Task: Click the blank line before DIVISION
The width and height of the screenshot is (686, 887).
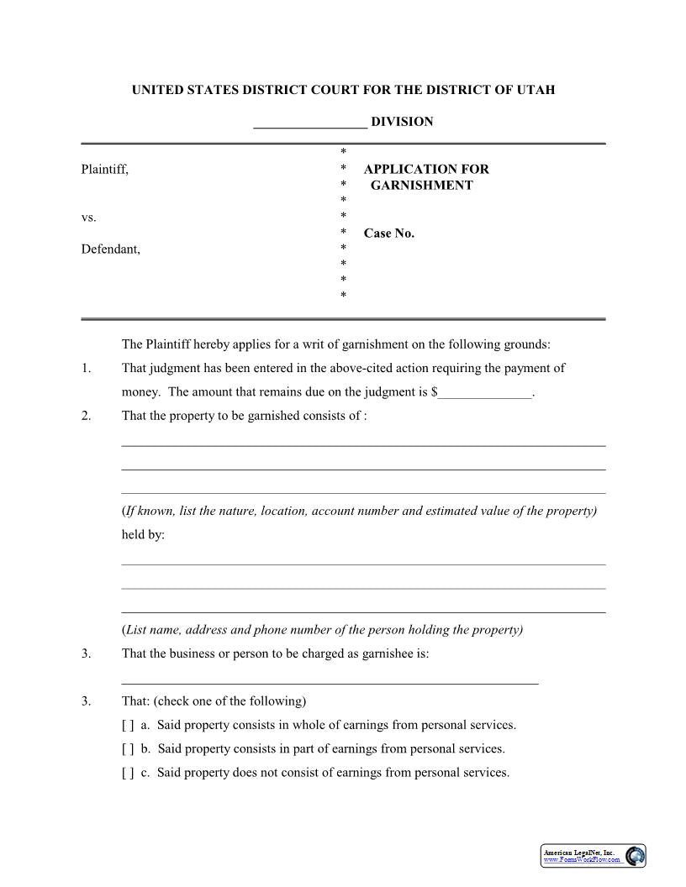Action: (310, 123)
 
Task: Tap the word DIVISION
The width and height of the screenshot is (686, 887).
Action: (402, 122)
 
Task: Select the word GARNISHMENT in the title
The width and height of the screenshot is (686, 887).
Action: (422, 186)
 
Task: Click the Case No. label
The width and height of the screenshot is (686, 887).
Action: (389, 234)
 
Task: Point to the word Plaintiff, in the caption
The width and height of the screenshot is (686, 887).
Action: (105, 170)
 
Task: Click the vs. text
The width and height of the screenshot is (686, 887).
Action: (88, 218)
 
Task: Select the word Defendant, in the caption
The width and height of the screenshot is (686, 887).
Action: (111, 249)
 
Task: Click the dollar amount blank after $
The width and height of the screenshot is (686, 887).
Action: (485, 393)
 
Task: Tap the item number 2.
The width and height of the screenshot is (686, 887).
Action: (87, 416)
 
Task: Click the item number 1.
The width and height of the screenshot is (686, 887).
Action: (87, 368)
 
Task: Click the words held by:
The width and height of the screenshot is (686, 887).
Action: (143, 534)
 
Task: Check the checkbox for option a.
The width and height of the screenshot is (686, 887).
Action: (128, 725)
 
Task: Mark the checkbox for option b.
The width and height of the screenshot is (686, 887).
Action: (128, 748)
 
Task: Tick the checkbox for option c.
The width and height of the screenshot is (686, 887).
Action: (128, 773)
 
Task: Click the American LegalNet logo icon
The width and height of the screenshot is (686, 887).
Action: (636, 855)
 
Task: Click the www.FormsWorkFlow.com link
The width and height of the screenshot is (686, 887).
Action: (582, 860)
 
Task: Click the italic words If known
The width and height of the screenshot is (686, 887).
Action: (149, 511)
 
